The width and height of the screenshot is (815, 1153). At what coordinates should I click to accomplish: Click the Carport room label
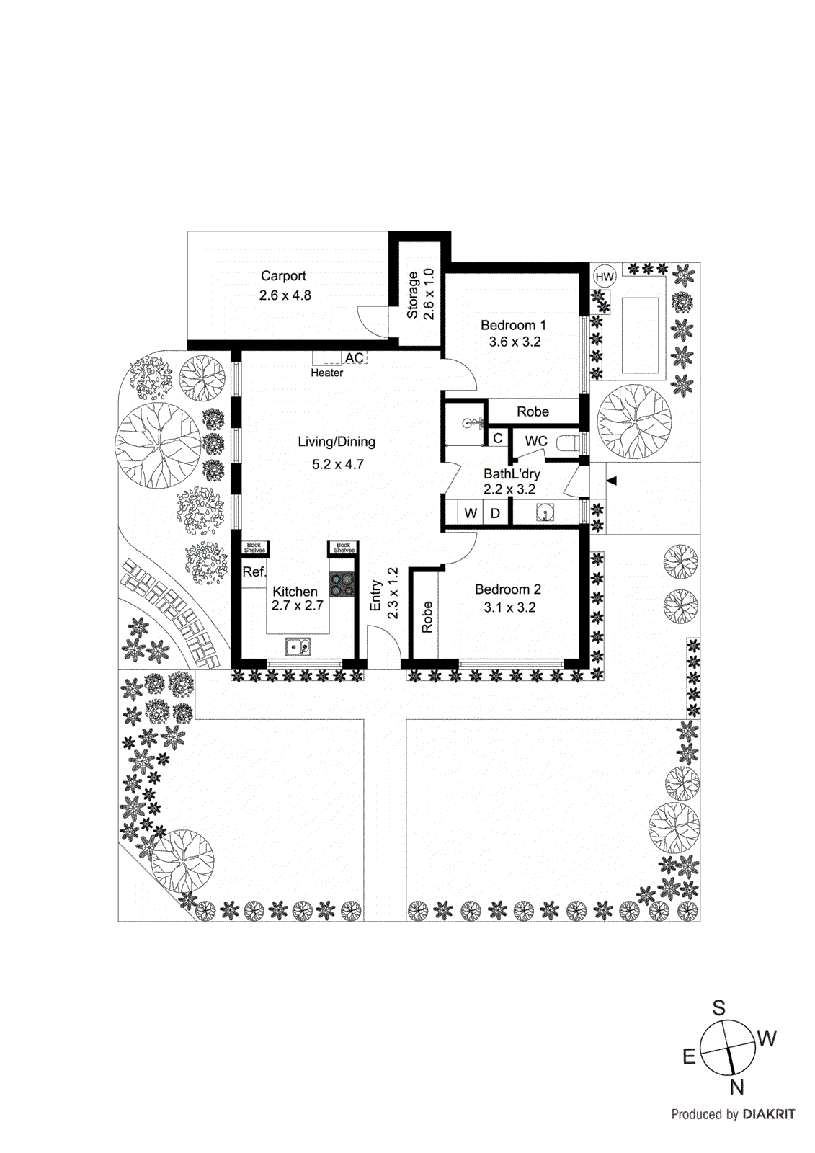pyautogui.click(x=283, y=276)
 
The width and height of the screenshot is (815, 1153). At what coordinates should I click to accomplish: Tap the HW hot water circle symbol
pyautogui.click(x=604, y=277)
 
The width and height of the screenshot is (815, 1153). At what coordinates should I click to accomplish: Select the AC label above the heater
pyautogui.click(x=354, y=358)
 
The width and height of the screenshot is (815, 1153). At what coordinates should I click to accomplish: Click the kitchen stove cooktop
pyautogui.click(x=342, y=584)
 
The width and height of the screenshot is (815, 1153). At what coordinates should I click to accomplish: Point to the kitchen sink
pyautogui.click(x=298, y=647)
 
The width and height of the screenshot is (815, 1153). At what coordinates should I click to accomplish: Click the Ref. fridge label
pyautogui.click(x=254, y=572)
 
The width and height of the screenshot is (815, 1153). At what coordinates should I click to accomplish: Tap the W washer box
pyautogui.click(x=471, y=513)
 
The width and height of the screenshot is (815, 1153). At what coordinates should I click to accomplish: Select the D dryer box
pyautogui.click(x=496, y=513)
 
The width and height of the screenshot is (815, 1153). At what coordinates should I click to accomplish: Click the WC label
pyautogui.click(x=535, y=441)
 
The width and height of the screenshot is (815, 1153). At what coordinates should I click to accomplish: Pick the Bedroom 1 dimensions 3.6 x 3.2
pyautogui.click(x=515, y=342)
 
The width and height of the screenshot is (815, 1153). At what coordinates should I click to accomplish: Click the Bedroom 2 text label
pyautogui.click(x=507, y=589)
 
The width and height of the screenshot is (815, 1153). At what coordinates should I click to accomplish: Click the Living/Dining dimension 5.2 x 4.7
pyautogui.click(x=337, y=465)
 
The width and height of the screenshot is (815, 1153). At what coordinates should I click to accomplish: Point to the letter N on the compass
pyautogui.click(x=736, y=1087)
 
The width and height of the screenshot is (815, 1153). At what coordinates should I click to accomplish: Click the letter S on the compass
pyautogui.click(x=718, y=1007)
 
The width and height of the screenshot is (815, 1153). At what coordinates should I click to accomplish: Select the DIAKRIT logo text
pyautogui.click(x=768, y=1115)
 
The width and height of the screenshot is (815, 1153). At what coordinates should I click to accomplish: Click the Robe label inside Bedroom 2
pyautogui.click(x=427, y=618)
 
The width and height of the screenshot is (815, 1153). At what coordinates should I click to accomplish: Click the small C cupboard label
pyautogui.click(x=497, y=438)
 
